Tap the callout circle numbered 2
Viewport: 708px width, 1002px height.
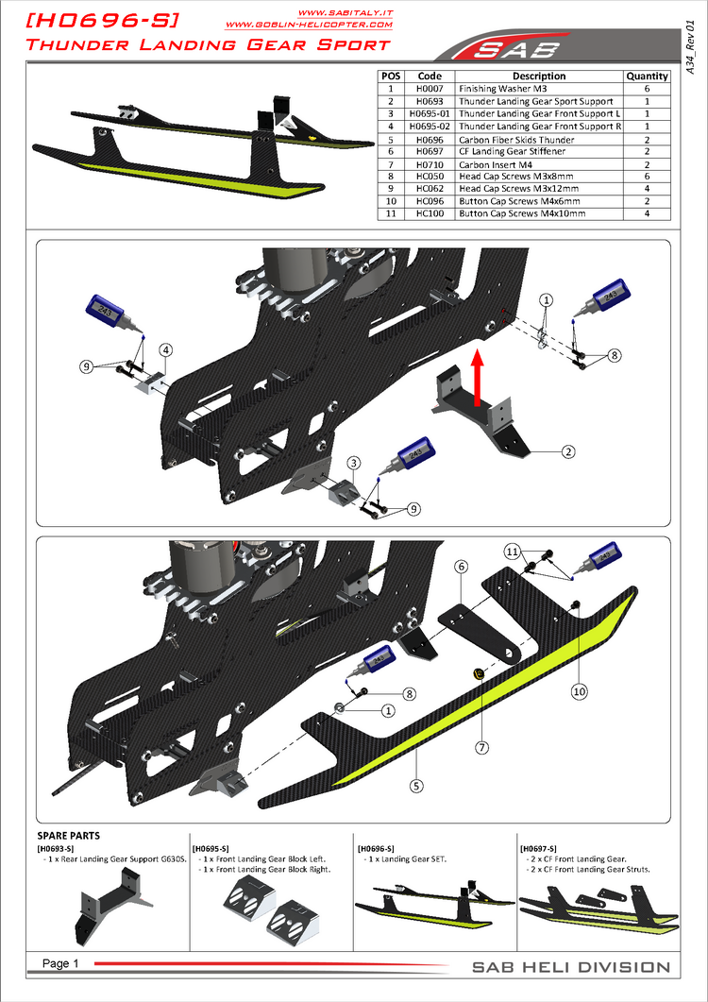[568, 451]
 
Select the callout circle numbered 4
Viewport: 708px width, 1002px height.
[165, 349]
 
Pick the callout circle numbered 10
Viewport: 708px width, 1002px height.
[580, 690]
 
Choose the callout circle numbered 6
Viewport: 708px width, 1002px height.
[462, 567]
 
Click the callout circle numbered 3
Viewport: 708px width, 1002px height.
[352, 463]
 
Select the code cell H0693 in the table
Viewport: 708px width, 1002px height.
[430, 101]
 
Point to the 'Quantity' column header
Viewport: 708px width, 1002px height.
[647, 76]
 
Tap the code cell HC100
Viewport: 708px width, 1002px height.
[430, 214]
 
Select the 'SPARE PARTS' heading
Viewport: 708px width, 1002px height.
[68, 836]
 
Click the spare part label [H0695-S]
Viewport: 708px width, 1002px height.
[214, 849]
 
